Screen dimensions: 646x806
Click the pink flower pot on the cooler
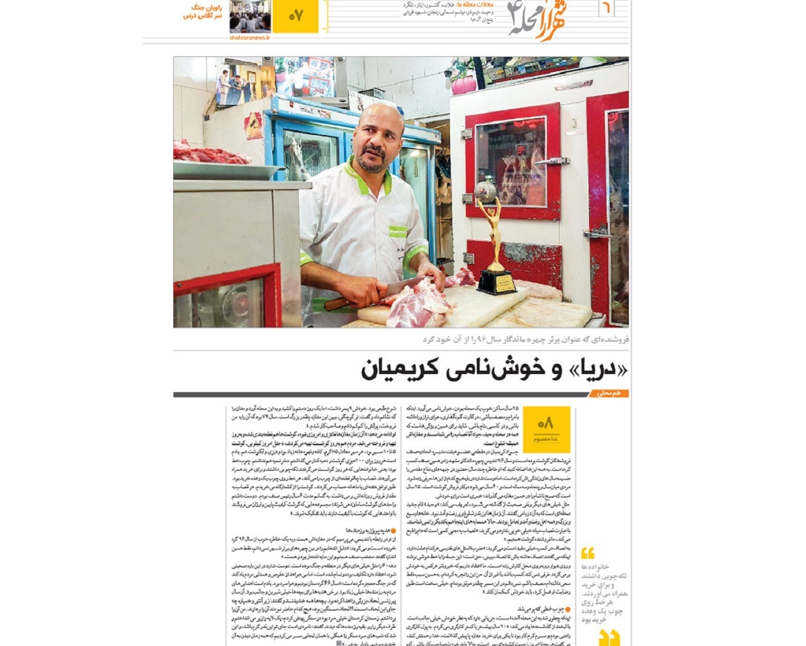tap(463, 85)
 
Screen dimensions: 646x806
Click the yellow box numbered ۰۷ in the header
tap(296, 17)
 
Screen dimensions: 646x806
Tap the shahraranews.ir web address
tap(250, 38)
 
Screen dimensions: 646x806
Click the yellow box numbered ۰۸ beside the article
tap(546, 428)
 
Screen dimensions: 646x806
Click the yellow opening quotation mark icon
tap(588, 553)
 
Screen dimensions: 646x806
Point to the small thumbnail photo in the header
tap(250, 16)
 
